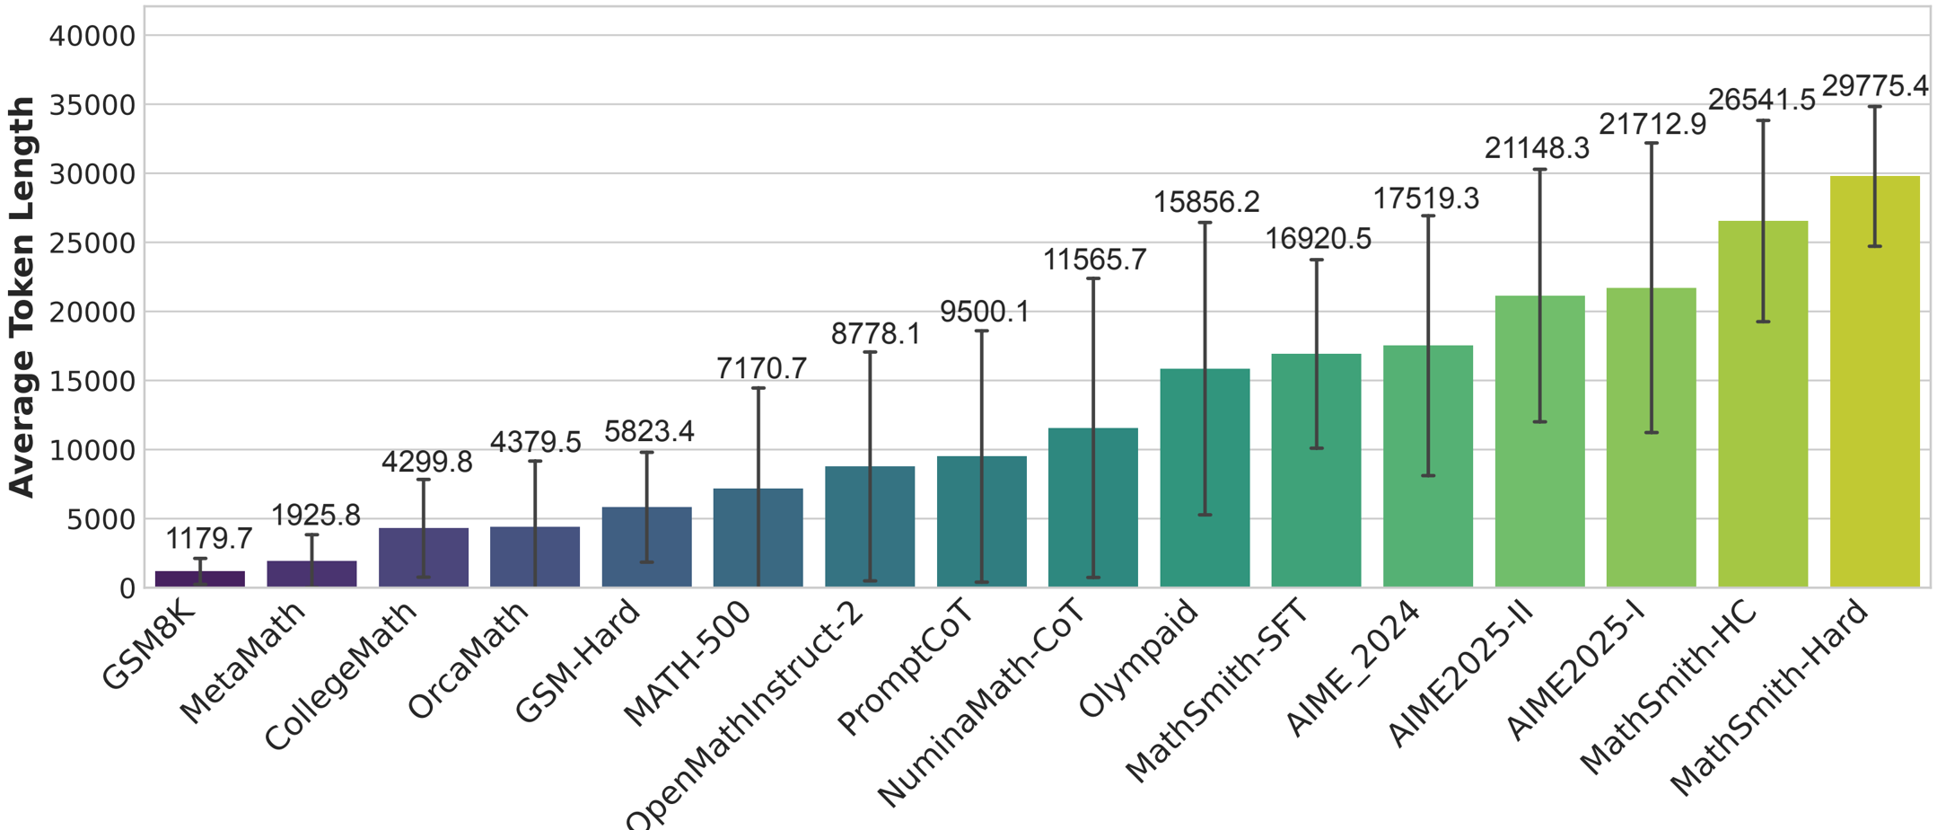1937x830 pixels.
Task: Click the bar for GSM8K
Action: coord(199,578)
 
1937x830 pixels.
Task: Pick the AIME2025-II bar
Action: coord(1539,441)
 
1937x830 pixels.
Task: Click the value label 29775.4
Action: coord(1874,86)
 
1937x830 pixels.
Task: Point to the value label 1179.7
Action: coord(209,538)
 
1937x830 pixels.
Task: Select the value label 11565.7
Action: coord(1094,260)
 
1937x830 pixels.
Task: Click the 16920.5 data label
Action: coord(1318,239)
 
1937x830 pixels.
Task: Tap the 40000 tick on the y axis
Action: coord(92,36)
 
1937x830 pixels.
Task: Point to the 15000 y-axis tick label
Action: coord(92,381)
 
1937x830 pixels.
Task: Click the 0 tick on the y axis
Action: coord(127,588)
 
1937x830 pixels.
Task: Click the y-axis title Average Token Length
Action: coord(22,296)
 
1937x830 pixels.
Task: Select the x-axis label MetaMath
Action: coord(242,663)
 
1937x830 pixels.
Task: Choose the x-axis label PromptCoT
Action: coord(905,668)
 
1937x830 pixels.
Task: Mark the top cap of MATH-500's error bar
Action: coord(758,388)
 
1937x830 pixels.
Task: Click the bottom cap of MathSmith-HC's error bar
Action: coord(1763,322)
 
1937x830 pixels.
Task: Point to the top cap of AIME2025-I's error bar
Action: coord(1652,144)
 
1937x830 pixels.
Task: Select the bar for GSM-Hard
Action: coord(646,547)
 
